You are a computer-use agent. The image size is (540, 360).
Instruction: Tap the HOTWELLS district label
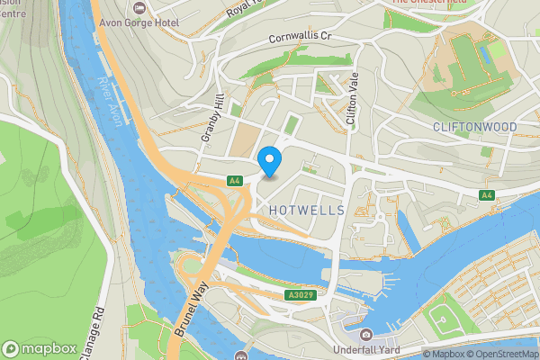coord(307,210)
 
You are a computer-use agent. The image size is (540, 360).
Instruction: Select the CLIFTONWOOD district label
coord(474,127)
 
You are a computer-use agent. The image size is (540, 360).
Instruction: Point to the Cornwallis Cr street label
coord(301,40)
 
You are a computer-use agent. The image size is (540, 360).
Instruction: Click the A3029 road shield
coord(301,295)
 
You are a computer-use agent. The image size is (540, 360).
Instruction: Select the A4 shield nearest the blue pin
coord(234,180)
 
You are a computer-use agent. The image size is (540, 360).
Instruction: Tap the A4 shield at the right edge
coord(486,195)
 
